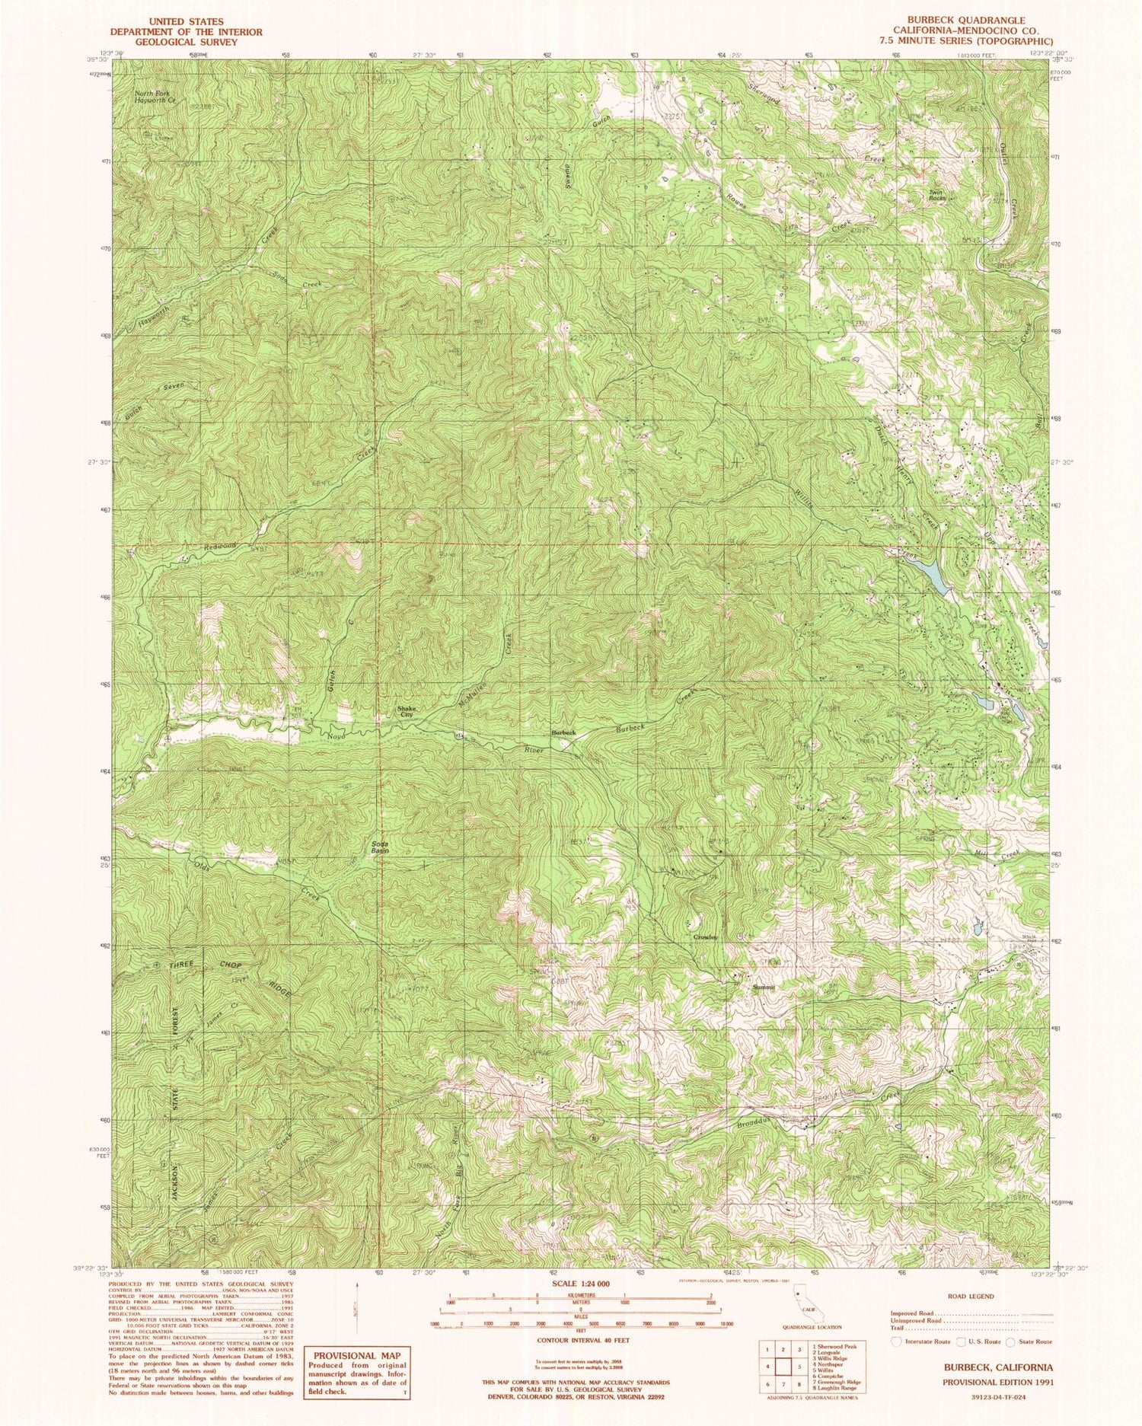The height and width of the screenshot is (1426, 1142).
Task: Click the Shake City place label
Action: point(407,712)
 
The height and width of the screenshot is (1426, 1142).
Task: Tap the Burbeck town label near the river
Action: point(564,732)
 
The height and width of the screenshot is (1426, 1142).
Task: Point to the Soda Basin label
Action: point(380,847)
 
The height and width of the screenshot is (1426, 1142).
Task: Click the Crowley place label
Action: point(705,936)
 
